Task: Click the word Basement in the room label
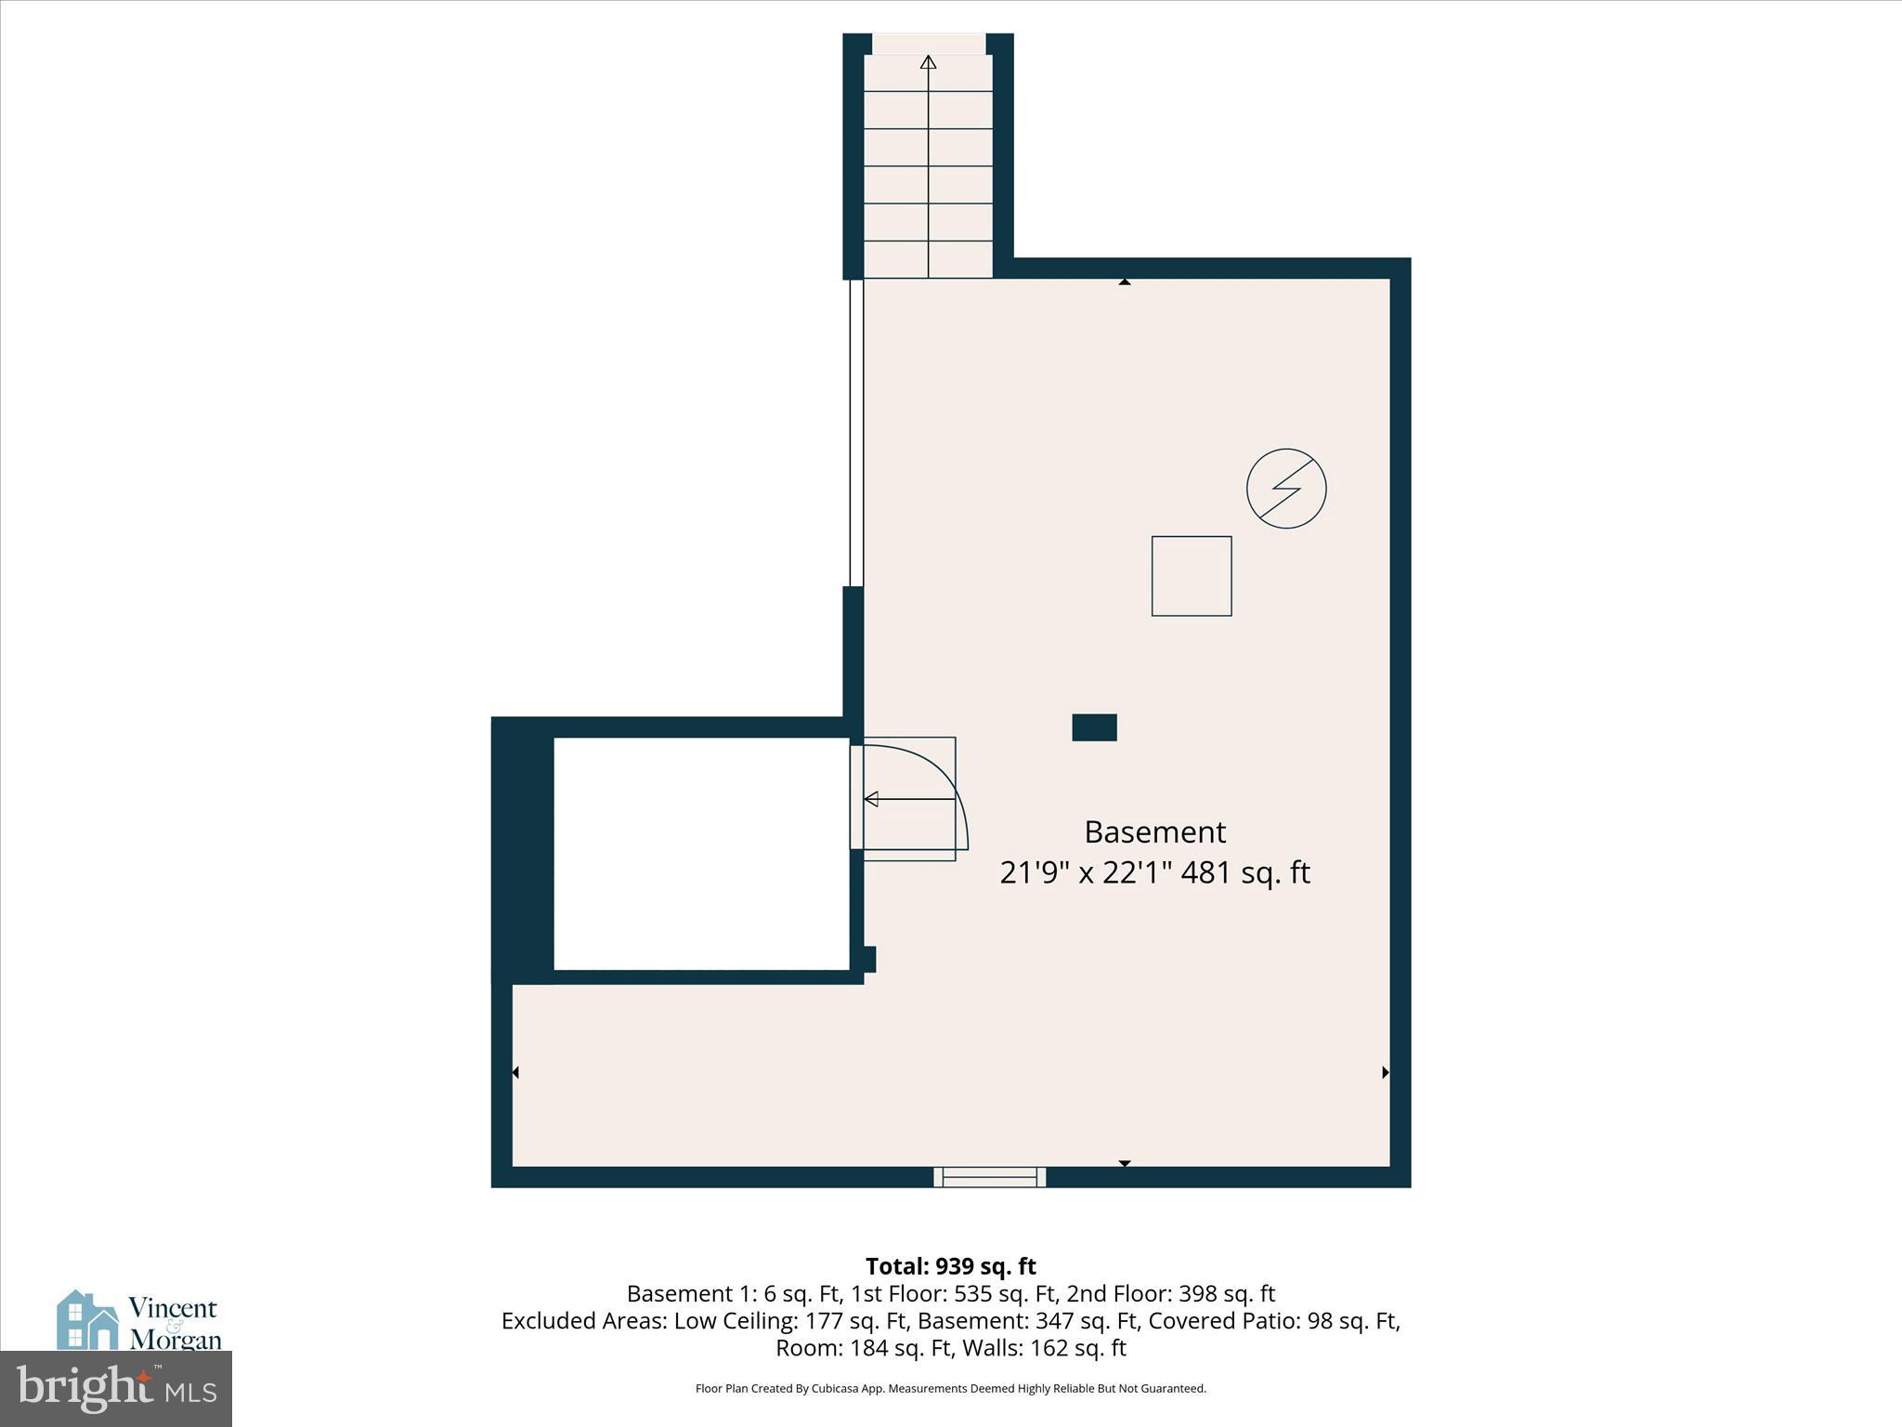1154,831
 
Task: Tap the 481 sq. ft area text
1244,873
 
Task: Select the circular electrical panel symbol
1286,489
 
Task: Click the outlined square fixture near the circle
1192,576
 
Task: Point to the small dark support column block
1094,727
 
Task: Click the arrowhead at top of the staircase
928,62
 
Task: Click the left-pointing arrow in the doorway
872,799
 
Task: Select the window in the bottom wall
990,1177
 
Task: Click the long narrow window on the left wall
856,432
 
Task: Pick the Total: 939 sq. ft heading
950,1266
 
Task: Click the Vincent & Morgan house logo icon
88,1320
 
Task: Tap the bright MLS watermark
116,1389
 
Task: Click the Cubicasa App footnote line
950,1389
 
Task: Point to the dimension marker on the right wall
1385,1072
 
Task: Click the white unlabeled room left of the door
701,854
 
